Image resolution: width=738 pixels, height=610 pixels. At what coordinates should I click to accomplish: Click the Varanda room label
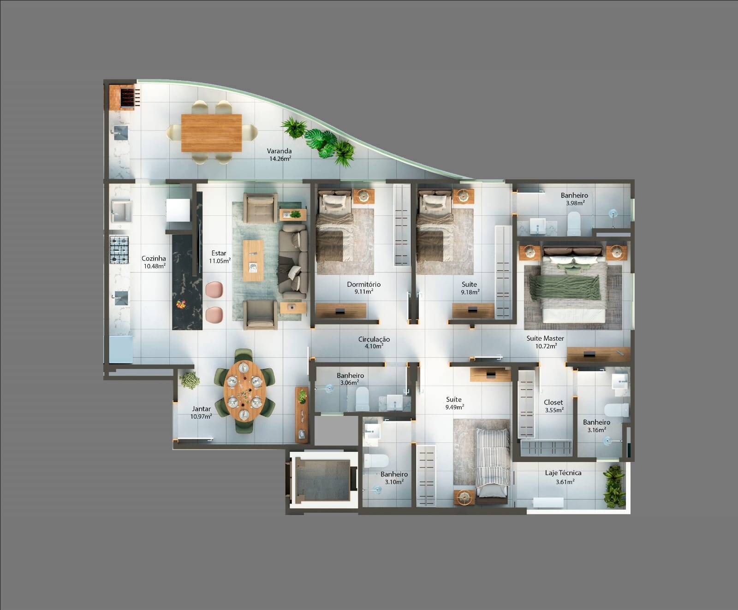279,151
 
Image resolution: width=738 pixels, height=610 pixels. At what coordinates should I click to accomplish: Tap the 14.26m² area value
280,159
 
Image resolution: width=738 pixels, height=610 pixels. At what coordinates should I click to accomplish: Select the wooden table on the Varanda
211,133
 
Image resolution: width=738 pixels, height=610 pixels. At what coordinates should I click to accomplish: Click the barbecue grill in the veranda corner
129,97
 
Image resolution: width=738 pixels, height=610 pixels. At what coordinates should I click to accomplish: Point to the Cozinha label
154,259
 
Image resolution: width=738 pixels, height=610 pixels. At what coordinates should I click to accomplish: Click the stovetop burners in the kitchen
119,249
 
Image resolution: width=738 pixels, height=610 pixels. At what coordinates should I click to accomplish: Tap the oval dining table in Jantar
244,391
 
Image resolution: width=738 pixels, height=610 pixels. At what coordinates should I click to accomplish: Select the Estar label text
219,253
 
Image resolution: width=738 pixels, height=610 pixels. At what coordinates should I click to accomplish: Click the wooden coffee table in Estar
253,261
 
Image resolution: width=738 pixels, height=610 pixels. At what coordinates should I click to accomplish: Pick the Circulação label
374,339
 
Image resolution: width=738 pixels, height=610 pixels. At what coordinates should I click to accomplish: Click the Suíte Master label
545,338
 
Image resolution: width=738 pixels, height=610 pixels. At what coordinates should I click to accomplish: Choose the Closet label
553,403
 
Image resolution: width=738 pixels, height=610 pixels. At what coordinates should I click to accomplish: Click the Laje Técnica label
563,473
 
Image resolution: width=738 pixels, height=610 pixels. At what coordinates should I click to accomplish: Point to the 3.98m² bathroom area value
575,203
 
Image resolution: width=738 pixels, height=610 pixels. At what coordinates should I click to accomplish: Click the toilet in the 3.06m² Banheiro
362,398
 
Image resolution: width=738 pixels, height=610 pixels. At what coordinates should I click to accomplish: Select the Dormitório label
364,284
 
